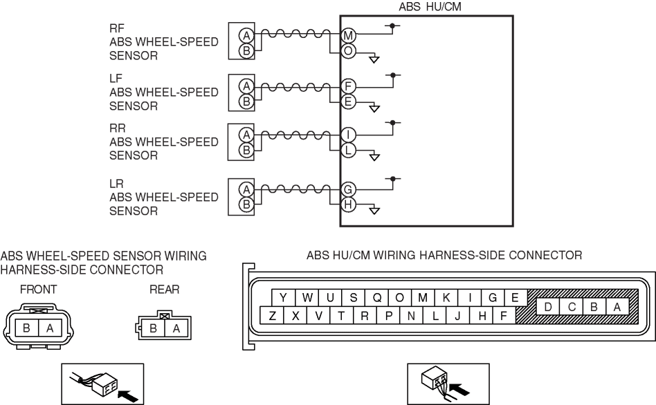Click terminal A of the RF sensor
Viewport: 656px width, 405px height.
[245, 35]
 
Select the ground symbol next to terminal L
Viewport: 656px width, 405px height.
[375, 156]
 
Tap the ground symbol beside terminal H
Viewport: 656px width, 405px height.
[375, 209]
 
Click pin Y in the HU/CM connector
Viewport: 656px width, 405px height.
[284, 297]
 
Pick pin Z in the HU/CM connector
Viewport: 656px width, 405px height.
[272, 316]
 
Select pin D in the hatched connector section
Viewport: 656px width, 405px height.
[548, 307]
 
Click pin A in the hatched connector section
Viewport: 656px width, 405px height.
[616, 307]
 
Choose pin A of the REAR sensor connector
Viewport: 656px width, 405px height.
[176, 328]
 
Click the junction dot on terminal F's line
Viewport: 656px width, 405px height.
[394, 74]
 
